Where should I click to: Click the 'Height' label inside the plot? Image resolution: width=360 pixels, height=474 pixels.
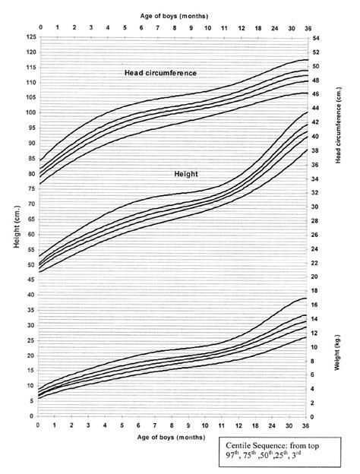[185, 174]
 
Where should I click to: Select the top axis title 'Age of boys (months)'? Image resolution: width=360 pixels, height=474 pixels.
[169, 14]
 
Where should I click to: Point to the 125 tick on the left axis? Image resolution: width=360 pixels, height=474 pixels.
[30, 36]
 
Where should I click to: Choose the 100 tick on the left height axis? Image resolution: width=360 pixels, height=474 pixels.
[30, 112]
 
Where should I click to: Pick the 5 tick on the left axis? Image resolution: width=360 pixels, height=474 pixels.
[33, 400]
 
